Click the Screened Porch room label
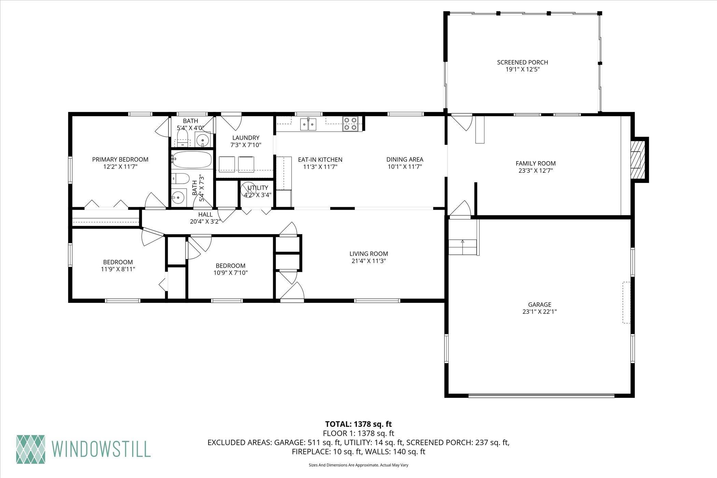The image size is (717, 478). pyautogui.click(x=522, y=62)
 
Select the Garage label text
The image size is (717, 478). pyautogui.click(x=539, y=305)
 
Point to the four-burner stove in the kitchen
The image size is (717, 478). pyautogui.click(x=351, y=124)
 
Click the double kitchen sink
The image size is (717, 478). pyautogui.click(x=309, y=124)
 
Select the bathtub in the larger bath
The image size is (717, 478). pyautogui.click(x=191, y=159)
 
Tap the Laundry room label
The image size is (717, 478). pyautogui.click(x=246, y=138)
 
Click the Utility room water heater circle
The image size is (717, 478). pyautogui.click(x=248, y=190)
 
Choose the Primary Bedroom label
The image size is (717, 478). pyautogui.click(x=120, y=159)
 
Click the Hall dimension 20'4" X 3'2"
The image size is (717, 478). pyautogui.click(x=206, y=221)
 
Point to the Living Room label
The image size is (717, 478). pyautogui.click(x=369, y=254)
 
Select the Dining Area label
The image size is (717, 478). pyautogui.click(x=405, y=159)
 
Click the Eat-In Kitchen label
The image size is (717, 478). pyautogui.click(x=320, y=159)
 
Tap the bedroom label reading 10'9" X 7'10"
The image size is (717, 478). pyautogui.click(x=230, y=273)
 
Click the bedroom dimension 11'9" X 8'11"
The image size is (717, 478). pyautogui.click(x=118, y=269)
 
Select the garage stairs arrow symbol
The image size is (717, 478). pyautogui.click(x=463, y=241)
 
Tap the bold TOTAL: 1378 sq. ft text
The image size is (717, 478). pyautogui.click(x=358, y=424)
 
